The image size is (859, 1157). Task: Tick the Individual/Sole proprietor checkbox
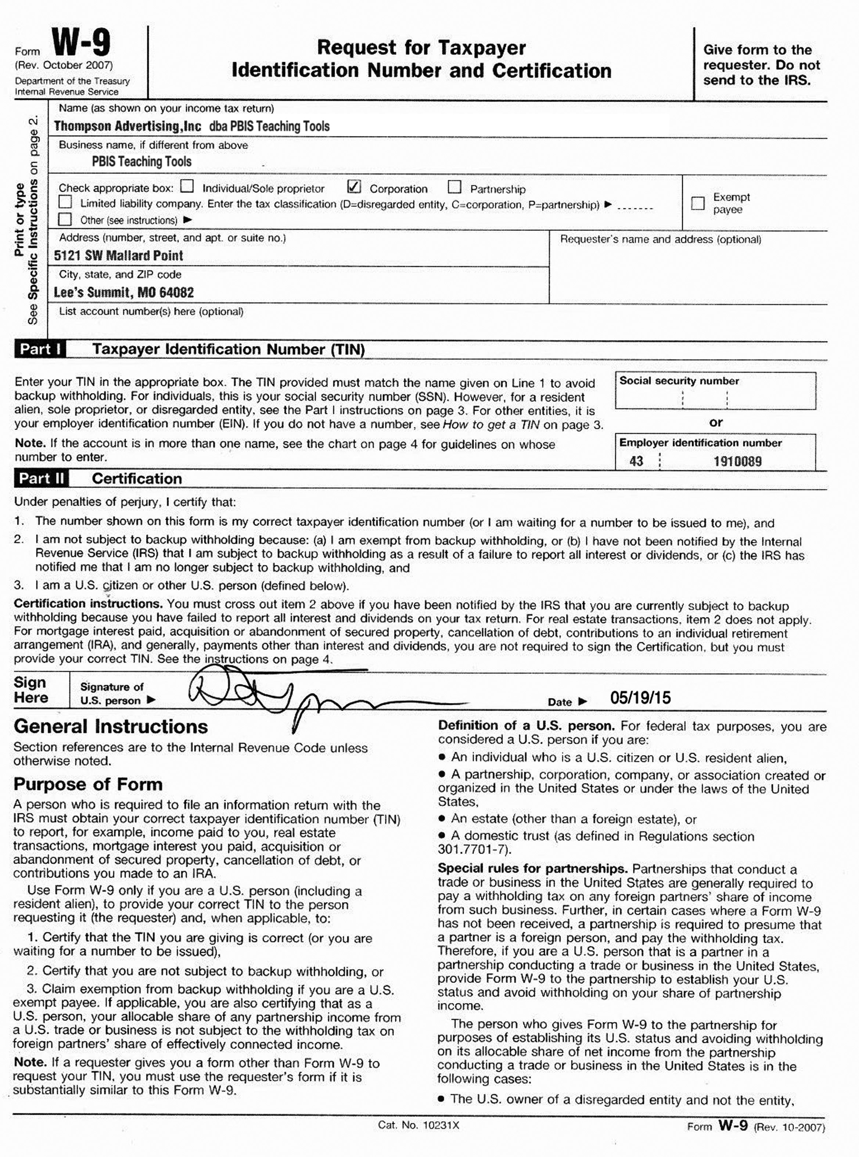(x=187, y=186)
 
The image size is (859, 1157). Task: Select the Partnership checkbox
(x=454, y=187)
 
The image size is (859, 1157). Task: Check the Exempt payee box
(x=698, y=203)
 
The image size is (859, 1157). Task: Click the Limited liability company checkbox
(x=65, y=202)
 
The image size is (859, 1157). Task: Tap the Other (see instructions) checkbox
(x=65, y=219)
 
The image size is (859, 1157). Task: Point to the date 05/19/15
(x=640, y=698)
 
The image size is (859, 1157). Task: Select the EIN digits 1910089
(x=737, y=461)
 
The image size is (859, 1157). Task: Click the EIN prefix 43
(x=636, y=461)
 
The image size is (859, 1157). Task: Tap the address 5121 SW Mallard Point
(x=119, y=256)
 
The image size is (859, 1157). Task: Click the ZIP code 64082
(x=177, y=293)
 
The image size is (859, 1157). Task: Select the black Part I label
(x=40, y=349)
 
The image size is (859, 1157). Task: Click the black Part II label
(x=42, y=479)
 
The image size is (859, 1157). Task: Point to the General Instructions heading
(x=111, y=727)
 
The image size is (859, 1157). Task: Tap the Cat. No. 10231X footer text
(x=418, y=1125)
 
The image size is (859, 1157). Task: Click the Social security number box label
(x=679, y=381)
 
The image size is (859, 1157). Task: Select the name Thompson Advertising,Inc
(x=127, y=126)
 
